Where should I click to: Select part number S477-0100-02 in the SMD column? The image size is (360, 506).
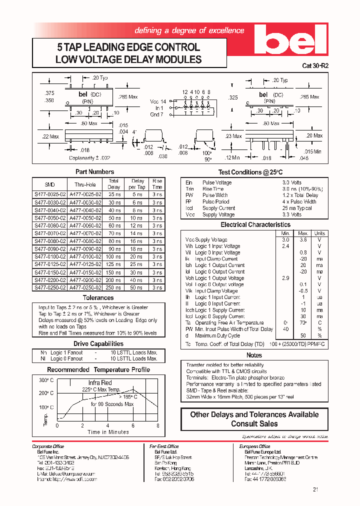click(48, 256)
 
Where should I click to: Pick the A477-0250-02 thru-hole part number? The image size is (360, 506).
click(85, 287)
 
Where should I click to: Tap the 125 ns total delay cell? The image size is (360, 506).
click(114, 264)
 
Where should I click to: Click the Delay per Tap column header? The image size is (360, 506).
click(137, 183)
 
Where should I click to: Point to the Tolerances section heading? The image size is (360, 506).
click(98, 297)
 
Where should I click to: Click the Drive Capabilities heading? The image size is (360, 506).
click(98, 343)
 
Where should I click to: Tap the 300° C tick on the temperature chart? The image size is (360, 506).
click(45, 380)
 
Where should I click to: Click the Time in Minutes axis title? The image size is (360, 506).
click(108, 432)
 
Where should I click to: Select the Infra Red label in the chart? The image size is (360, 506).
click(100, 382)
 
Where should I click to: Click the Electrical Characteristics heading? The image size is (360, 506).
click(255, 225)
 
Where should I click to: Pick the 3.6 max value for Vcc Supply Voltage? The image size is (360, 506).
click(303, 240)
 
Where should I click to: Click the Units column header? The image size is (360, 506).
click(319, 233)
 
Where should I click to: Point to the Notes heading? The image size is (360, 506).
click(254, 355)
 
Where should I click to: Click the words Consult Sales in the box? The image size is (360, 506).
click(254, 423)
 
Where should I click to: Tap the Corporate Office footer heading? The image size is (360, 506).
click(48, 446)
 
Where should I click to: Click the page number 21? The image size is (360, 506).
click(315, 489)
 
